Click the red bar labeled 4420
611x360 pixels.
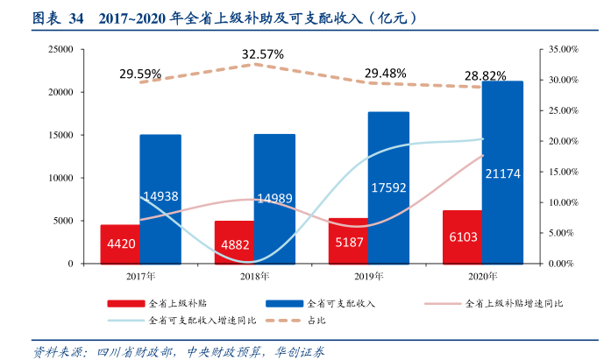pos(121,244)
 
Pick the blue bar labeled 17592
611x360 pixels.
pos(388,187)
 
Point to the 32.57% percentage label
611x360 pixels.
pos(263,54)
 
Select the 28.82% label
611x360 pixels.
pos(485,75)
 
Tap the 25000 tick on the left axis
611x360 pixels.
pos(60,49)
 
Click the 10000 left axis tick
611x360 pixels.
pos(60,178)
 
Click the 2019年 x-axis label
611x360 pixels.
pos(369,276)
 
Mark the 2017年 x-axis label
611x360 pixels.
pos(140,276)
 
